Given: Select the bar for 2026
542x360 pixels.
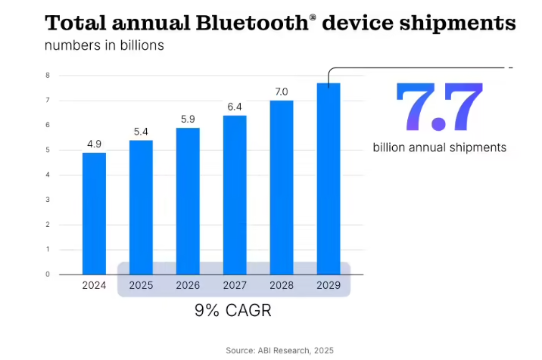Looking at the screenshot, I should pyautogui.click(x=188, y=200).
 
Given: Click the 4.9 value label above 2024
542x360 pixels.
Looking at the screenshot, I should pyautogui.click(x=94, y=143).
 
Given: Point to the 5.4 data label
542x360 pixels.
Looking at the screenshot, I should pyautogui.click(x=141, y=131).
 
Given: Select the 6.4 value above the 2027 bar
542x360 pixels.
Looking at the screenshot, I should pyautogui.click(x=235, y=106).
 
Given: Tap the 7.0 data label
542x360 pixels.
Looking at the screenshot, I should pyautogui.click(x=282, y=92).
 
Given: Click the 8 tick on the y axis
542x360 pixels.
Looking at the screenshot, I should pyautogui.click(x=48, y=76).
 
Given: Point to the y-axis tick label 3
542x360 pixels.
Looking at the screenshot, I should pyautogui.click(x=48, y=200).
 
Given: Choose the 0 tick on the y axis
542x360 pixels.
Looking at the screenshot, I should pyautogui.click(x=48, y=275).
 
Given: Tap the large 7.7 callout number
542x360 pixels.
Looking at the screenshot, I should pyautogui.click(x=439, y=108).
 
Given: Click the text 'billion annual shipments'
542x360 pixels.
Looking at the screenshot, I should pyautogui.click(x=439, y=147).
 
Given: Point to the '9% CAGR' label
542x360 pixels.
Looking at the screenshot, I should pyautogui.click(x=235, y=310).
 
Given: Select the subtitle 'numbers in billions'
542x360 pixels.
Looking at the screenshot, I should pyautogui.click(x=104, y=46).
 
